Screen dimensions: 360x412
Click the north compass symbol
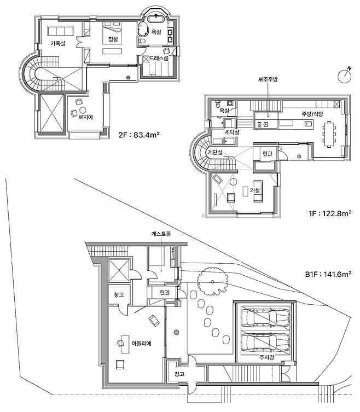point(345,76)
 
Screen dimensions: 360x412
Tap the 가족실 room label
point(58,43)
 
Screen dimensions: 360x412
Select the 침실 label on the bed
point(113,39)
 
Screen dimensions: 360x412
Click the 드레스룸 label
point(159,58)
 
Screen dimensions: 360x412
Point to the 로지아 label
point(86,117)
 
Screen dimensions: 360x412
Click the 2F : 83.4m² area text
point(140,135)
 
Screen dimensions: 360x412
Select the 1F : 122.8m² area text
point(330,213)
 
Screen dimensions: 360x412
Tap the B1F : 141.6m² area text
point(328,274)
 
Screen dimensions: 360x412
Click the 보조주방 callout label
point(268,79)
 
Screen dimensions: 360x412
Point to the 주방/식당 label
point(312,114)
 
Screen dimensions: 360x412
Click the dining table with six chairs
point(329,134)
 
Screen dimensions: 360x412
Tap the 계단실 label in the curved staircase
point(216,153)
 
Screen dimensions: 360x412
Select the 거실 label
point(255,190)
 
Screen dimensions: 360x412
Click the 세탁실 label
point(233,132)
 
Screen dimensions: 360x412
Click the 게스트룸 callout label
point(161,234)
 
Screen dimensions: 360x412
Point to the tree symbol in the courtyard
point(212,281)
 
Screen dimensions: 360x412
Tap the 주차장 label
point(266,357)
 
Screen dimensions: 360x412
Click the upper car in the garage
point(265,318)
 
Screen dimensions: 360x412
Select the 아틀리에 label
point(141,343)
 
